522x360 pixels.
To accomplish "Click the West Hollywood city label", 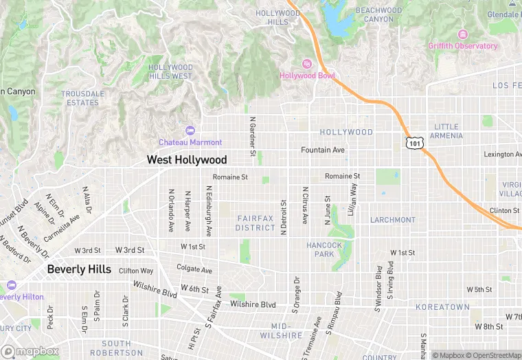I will tap(186, 160).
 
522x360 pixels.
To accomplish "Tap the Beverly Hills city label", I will tap(79, 269).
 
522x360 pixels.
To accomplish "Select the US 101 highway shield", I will tap(413, 142).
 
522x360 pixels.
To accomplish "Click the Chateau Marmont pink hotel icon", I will tap(190, 131).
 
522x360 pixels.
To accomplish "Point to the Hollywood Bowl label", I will tap(307, 76).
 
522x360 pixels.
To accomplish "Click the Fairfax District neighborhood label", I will tap(256, 223).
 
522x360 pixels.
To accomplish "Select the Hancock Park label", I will tap(324, 249).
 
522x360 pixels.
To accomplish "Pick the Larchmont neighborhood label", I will tap(392, 220).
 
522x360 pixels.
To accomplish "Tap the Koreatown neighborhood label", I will tap(447, 307).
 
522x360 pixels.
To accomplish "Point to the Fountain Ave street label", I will tap(323, 150).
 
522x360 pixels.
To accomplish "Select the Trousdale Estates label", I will tap(83, 98).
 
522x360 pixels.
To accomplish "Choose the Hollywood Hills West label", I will tap(170, 71).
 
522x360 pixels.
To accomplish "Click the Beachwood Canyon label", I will tap(379, 14).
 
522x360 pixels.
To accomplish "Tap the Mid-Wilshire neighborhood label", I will tap(281, 330).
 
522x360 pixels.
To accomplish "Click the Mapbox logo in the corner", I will tap(30, 351).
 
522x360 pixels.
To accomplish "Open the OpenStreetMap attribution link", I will tap(493, 355).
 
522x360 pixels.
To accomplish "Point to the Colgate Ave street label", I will tap(194, 269).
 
